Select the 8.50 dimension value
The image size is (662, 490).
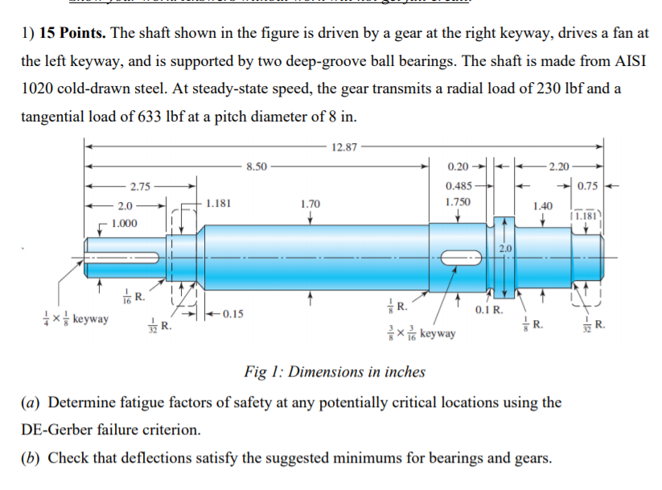click(x=257, y=167)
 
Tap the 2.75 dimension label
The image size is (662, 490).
click(x=140, y=187)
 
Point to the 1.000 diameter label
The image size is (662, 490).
click(x=124, y=223)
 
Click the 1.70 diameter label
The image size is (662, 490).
click(x=310, y=204)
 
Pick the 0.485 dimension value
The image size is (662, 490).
click(x=458, y=186)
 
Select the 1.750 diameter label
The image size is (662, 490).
click(x=458, y=204)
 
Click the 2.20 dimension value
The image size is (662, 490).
click(x=557, y=167)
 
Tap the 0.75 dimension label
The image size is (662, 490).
click(x=587, y=187)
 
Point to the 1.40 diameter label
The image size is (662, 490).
click(x=543, y=206)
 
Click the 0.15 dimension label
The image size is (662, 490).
click(x=232, y=313)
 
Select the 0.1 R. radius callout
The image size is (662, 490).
click(x=489, y=310)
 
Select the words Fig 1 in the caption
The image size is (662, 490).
click(x=262, y=372)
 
